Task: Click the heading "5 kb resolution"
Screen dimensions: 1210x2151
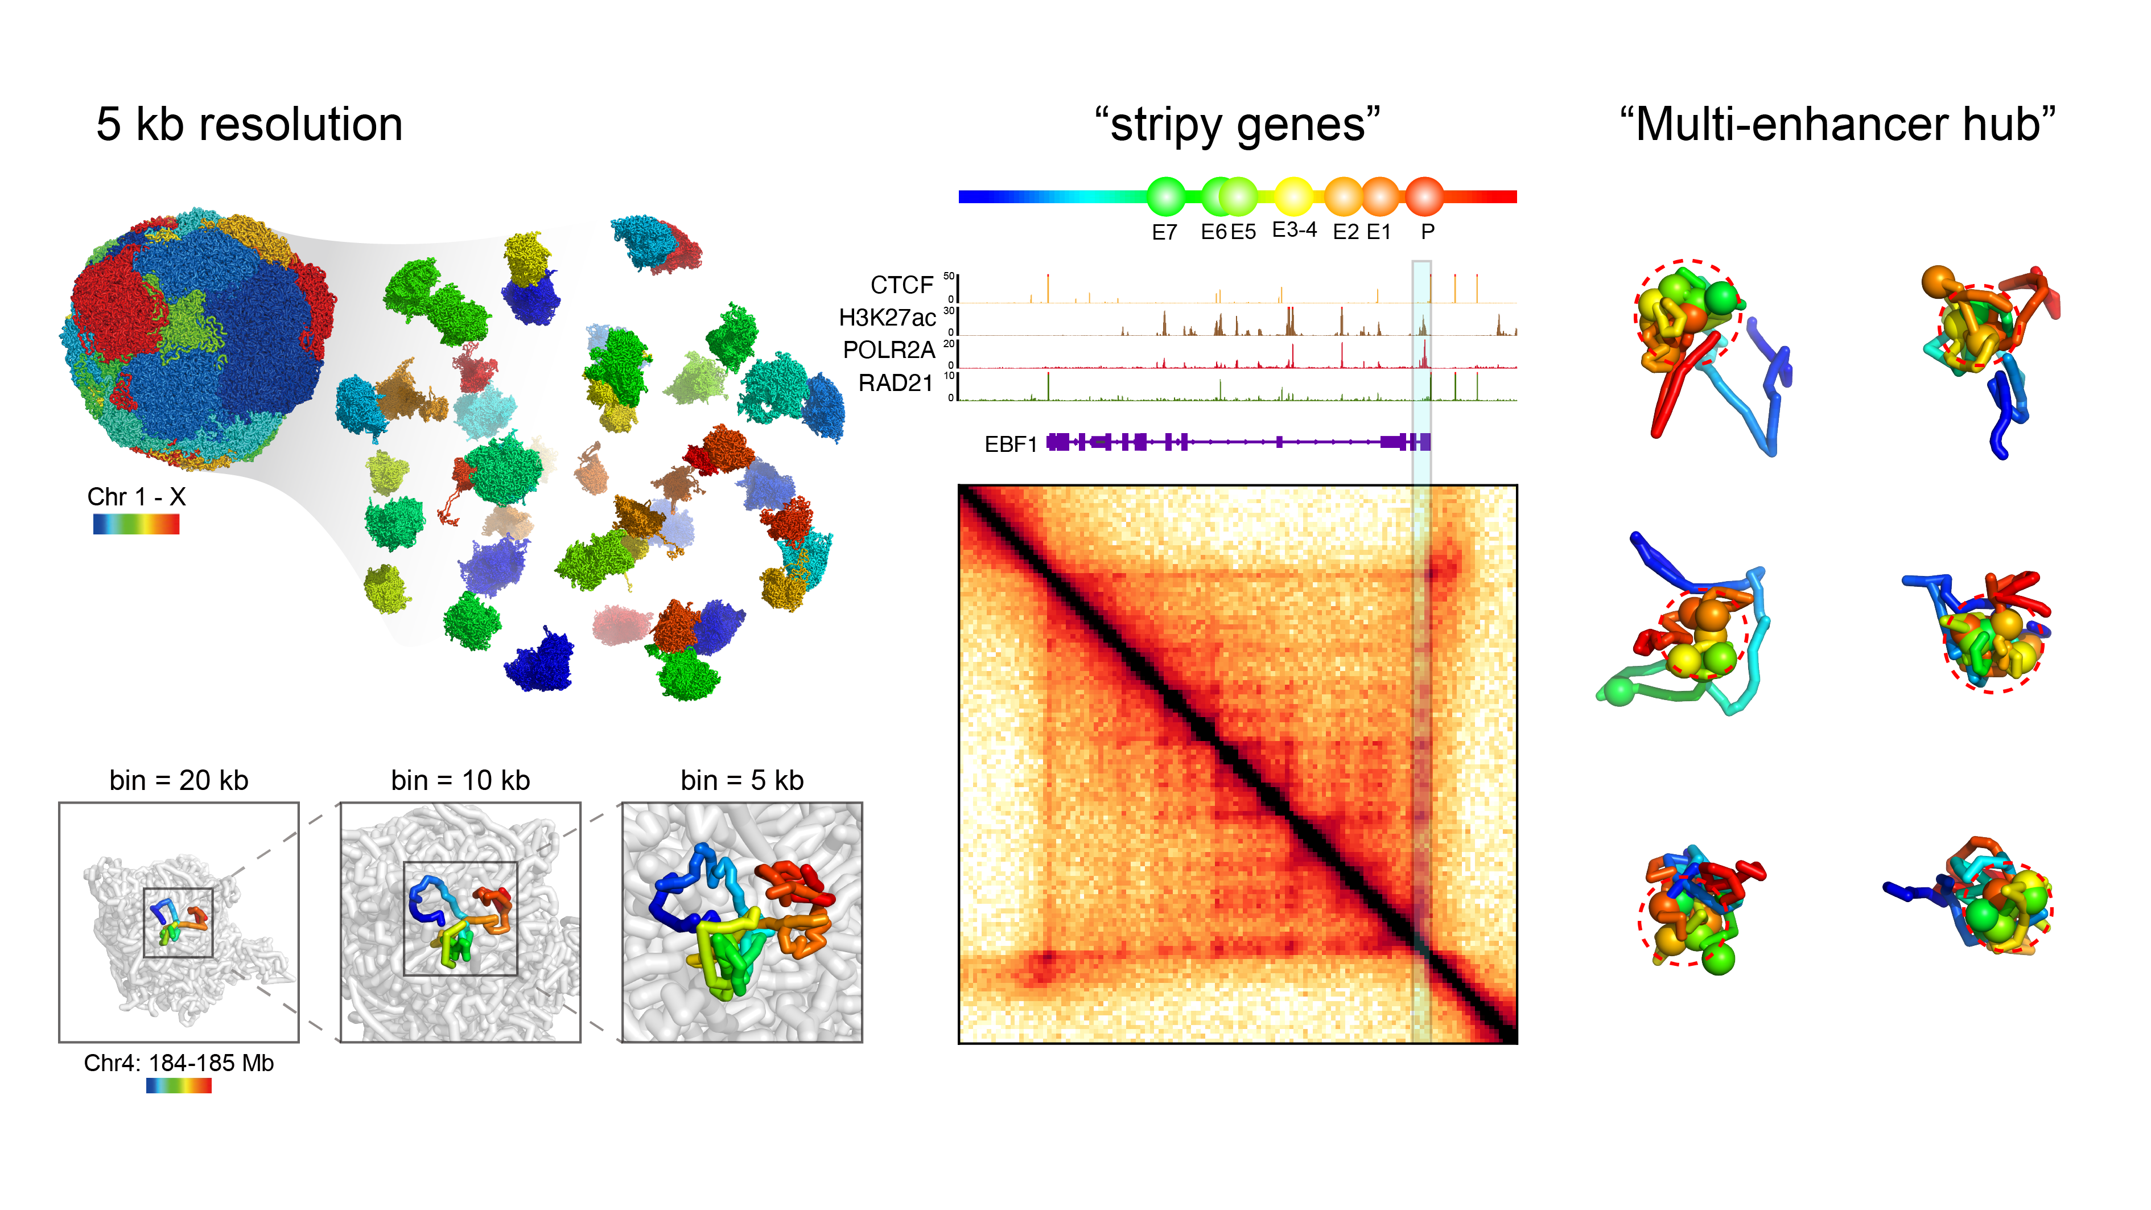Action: pyautogui.click(x=249, y=125)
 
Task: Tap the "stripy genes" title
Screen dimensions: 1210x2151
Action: pyautogui.click(x=1238, y=125)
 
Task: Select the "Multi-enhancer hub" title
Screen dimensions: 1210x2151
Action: pyautogui.click(x=1837, y=125)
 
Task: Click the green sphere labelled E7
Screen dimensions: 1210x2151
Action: pyautogui.click(x=1165, y=196)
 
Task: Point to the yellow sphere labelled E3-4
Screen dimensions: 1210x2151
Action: pyautogui.click(x=1293, y=197)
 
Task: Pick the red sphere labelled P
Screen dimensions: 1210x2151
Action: pyautogui.click(x=1424, y=197)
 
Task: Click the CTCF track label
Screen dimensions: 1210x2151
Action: pyautogui.click(x=902, y=286)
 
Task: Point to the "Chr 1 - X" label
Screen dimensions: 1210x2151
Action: pyautogui.click(x=136, y=497)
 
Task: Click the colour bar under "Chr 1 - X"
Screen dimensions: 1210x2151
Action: pyautogui.click(x=136, y=524)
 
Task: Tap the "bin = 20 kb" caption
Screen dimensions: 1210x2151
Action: pyautogui.click(x=179, y=781)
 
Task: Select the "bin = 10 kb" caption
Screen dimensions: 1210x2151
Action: pyautogui.click(x=460, y=781)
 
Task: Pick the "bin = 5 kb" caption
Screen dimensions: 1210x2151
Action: pyautogui.click(x=741, y=781)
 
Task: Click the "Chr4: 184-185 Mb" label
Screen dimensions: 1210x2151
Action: pyautogui.click(x=179, y=1063)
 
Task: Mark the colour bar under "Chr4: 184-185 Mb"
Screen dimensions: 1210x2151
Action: pyautogui.click(x=179, y=1085)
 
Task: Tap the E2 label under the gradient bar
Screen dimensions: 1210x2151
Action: pyautogui.click(x=1345, y=232)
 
